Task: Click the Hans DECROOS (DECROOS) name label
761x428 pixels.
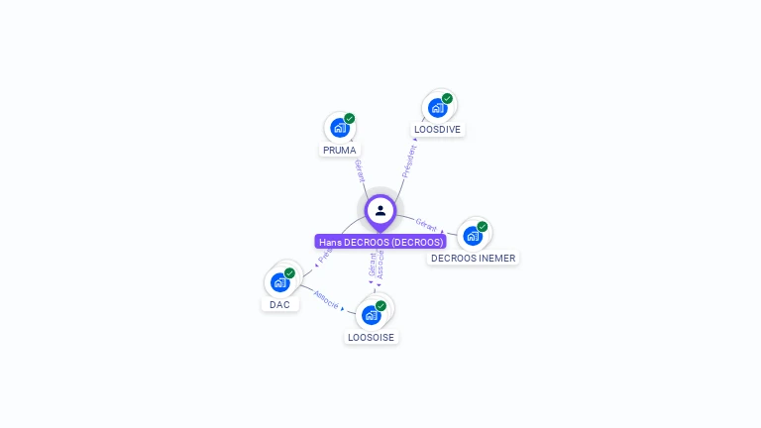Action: [x=380, y=242]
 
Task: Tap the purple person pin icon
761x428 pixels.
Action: [x=380, y=211]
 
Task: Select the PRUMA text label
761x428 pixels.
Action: [x=339, y=151]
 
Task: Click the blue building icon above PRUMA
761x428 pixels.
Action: [x=339, y=128]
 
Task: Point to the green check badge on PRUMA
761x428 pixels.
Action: [x=350, y=119]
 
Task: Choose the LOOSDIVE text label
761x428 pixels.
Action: [x=437, y=130]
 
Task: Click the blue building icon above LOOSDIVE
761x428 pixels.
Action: [x=437, y=107]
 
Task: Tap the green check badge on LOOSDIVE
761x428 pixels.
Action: [x=448, y=99]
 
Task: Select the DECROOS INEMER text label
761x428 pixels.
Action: [x=473, y=258]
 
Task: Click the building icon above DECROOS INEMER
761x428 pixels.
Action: [x=472, y=235]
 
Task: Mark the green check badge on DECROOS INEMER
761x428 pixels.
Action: [x=483, y=227]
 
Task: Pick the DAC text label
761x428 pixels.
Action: [x=280, y=304]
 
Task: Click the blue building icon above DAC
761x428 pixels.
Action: [x=279, y=282]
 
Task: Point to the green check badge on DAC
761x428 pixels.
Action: [x=290, y=273]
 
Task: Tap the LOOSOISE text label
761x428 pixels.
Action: [x=371, y=338]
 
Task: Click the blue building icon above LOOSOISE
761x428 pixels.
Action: [x=371, y=315]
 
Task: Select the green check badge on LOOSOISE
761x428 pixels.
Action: [x=381, y=306]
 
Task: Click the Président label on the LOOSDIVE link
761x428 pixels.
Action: [x=407, y=161]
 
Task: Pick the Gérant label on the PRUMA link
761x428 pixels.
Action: [x=359, y=170]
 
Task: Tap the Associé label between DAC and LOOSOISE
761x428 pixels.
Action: [x=326, y=298]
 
